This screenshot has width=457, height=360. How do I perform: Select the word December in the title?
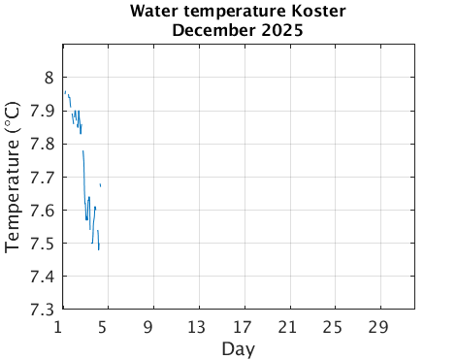[x=212, y=30]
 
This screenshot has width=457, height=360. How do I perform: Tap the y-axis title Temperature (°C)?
[x=13, y=177]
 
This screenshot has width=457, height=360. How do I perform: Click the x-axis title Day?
[x=238, y=347]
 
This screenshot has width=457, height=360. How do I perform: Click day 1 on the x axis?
[x=60, y=326]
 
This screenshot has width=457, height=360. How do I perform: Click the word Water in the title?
[x=151, y=12]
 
